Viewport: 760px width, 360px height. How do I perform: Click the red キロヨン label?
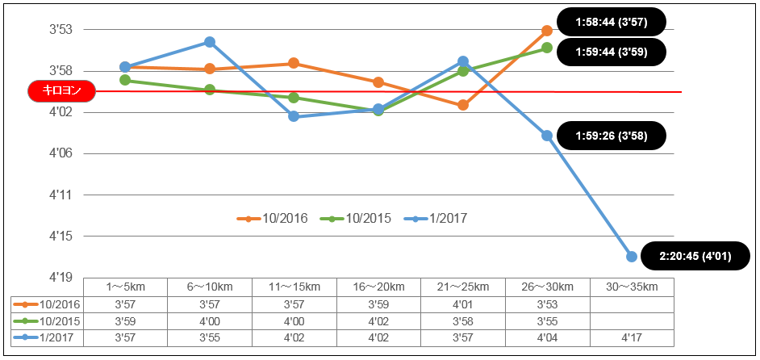coord(61,91)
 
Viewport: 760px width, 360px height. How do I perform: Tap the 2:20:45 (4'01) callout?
coord(695,257)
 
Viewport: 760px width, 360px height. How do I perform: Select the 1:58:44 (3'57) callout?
coord(612,22)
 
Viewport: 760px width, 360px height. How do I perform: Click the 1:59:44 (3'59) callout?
coord(612,52)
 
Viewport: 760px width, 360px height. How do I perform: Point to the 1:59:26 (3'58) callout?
coord(612,136)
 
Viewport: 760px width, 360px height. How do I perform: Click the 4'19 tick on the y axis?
coord(61,278)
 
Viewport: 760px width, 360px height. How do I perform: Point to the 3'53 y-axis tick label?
coord(61,30)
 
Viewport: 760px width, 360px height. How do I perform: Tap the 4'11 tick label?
coord(61,195)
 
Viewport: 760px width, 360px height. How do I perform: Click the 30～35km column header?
coord(632,287)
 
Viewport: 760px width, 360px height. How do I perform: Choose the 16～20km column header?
coord(378,287)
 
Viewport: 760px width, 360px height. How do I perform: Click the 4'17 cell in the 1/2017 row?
coord(632,338)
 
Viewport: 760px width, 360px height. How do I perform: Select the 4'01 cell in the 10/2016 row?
coord(463,304)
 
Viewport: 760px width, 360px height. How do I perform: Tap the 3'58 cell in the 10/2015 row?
coord(463,321)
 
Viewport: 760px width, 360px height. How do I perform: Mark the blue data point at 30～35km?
coord(632,257)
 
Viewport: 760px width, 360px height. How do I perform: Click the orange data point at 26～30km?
coord(547,31)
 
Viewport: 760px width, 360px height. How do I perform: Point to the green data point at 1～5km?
coord(125,80)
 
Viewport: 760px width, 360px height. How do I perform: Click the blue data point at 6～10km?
coord(210,42)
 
